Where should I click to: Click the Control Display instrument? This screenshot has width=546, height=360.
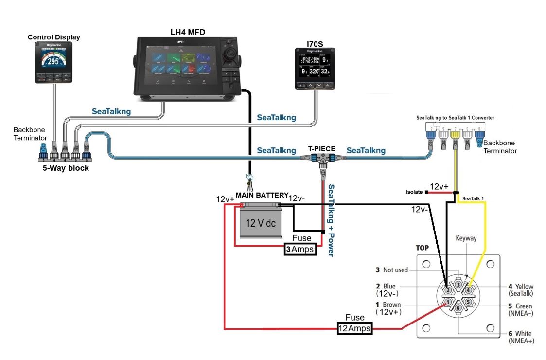(53, 62)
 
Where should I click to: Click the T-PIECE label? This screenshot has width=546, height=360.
(321, 149)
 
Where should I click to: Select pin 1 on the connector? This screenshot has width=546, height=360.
(448, 303)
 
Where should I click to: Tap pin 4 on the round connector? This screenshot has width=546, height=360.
(468, 290)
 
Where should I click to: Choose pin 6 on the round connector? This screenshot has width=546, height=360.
(458, 307)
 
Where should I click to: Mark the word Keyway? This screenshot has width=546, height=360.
(466, 238)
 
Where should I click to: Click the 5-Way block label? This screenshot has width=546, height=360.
(66, 169)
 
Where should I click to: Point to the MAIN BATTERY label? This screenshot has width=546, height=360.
(262, 195)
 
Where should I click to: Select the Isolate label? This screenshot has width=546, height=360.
(415, 192)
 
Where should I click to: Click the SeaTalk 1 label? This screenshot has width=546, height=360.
(474, 198)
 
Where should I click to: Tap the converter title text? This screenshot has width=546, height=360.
(455, 118)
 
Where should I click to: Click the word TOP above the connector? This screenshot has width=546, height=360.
(422, 248)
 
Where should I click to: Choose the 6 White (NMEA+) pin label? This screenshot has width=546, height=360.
(521, 337)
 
